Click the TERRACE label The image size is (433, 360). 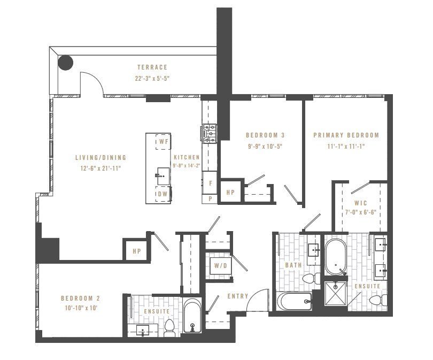(152, 67)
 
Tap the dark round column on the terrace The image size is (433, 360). (65, 63)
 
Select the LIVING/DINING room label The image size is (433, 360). (100, 158)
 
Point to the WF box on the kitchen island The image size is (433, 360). (163, 142)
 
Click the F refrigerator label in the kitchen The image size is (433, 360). (211, 183)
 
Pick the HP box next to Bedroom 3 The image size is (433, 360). (231, 193)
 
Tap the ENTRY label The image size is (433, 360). (238, 296)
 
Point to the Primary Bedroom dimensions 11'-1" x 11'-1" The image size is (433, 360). (346, 146)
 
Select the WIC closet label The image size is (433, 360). (360, 203)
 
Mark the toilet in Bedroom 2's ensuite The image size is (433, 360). (169, 327)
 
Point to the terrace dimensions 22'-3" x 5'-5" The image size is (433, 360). (152, 78)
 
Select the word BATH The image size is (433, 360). (293, 265)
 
